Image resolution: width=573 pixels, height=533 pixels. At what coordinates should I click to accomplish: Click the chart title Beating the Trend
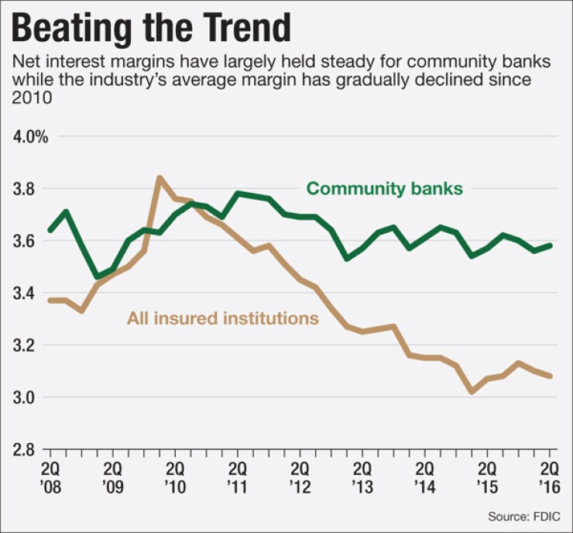153,29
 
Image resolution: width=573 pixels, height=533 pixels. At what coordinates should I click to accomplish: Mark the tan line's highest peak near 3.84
160,178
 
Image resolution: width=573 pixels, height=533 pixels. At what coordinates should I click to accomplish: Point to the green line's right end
551,246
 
